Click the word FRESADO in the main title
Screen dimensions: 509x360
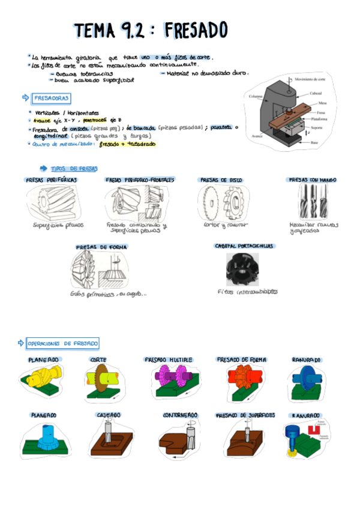coord(195,30)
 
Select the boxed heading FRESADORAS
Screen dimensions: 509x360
coord(52,97)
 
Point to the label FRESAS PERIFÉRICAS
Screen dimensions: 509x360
coord(52,179)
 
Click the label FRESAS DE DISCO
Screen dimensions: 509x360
coord(221,179)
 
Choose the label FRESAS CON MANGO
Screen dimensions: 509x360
coord(313,179)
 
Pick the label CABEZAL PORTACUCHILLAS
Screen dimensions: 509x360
coord(244,246)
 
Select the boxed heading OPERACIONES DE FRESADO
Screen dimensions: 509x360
coord(62,343)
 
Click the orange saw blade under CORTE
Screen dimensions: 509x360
coord(100,376)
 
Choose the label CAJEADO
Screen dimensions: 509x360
coord(109,415)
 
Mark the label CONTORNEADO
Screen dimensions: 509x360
coord(180,415)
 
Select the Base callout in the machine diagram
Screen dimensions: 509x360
coord(315,143)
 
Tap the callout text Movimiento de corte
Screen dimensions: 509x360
coord(310,79)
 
